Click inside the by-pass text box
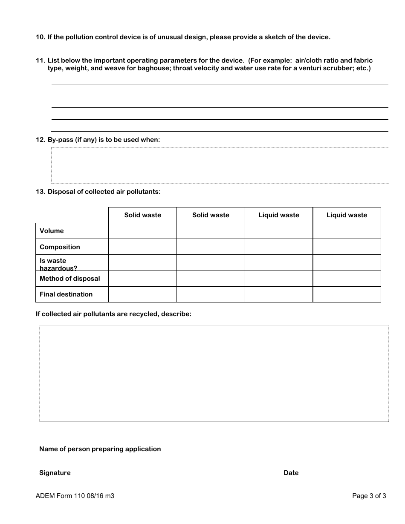(x=220, y=165)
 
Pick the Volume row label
(x=52, y=231)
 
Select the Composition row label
(x=60, y=247)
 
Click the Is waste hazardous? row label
(x=58, y=264)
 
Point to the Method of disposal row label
(x=69, y=279)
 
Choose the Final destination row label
(x=66, y=294)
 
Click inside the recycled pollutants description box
(x=214, y=374)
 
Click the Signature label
(x=55, y=473)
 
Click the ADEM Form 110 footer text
(x=75, y=496)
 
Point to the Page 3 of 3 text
(x=369, y=496)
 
